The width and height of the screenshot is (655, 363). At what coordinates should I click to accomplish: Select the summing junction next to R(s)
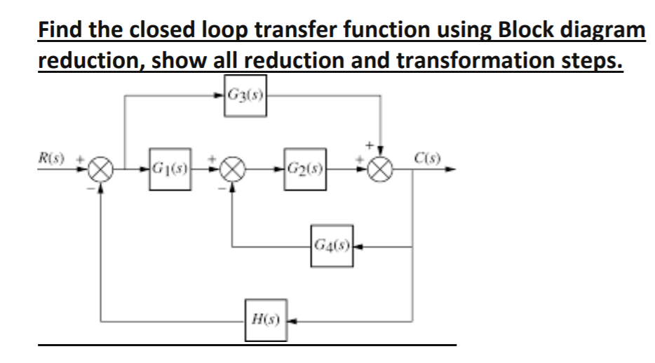[x=102, y=170]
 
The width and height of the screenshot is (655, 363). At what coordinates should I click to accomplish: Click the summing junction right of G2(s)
[x=380, y=170]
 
